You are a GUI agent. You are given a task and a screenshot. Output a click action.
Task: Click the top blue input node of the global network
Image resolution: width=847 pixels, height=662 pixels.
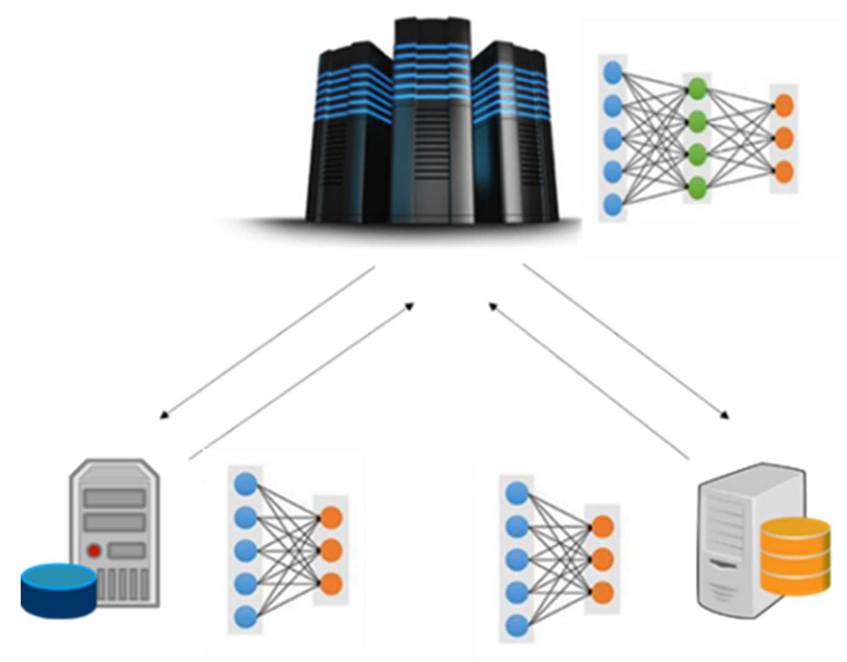tap(613, 72)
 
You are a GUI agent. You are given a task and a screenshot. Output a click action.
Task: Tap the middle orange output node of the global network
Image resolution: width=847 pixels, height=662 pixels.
tap(783, 138)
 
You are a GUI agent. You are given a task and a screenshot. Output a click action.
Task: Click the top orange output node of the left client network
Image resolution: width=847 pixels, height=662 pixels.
tap(331, 517)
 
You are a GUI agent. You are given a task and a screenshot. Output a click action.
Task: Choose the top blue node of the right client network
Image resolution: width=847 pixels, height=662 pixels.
tap(518, 494)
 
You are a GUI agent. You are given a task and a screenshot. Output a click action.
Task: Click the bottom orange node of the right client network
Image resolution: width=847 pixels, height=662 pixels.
tap(602, 593)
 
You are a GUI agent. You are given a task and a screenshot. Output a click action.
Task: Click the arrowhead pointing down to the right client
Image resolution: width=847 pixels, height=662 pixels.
tap(725, 416)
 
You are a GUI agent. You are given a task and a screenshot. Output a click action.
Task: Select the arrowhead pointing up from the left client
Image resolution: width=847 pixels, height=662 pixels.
tap(409, 307)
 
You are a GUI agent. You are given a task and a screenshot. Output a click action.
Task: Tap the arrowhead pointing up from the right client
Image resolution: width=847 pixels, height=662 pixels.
tap(493, 307)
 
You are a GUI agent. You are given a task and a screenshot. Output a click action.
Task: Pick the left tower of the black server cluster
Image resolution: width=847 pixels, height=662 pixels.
tap(349, 136)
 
